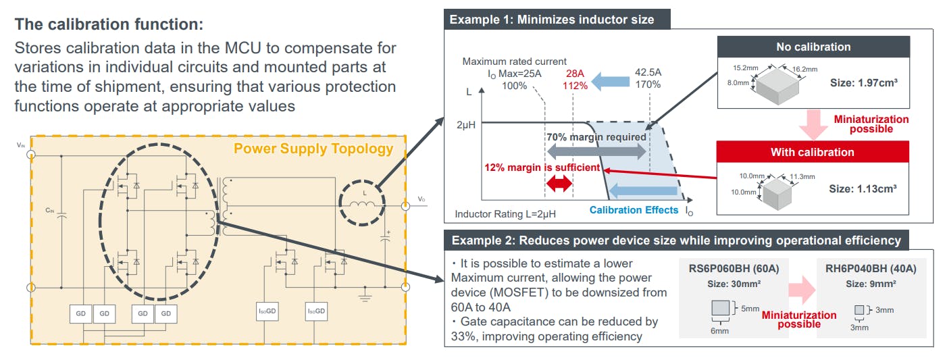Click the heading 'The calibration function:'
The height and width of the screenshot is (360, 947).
click(108, 25)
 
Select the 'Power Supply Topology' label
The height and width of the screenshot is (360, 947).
click(314, 148)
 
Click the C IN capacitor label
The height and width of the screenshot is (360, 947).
click(49, 211)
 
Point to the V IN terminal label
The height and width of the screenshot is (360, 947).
click(20, 145)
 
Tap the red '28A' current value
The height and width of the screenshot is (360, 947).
click(575, 74)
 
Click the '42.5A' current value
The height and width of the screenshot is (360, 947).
click(648, 74)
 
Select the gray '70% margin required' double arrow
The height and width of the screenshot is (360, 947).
click(597, 151)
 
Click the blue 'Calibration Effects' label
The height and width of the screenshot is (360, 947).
click(633, 210)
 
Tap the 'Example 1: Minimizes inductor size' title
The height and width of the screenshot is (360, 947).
click(553, 20)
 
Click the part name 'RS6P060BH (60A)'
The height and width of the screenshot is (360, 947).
click(734, 269)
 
